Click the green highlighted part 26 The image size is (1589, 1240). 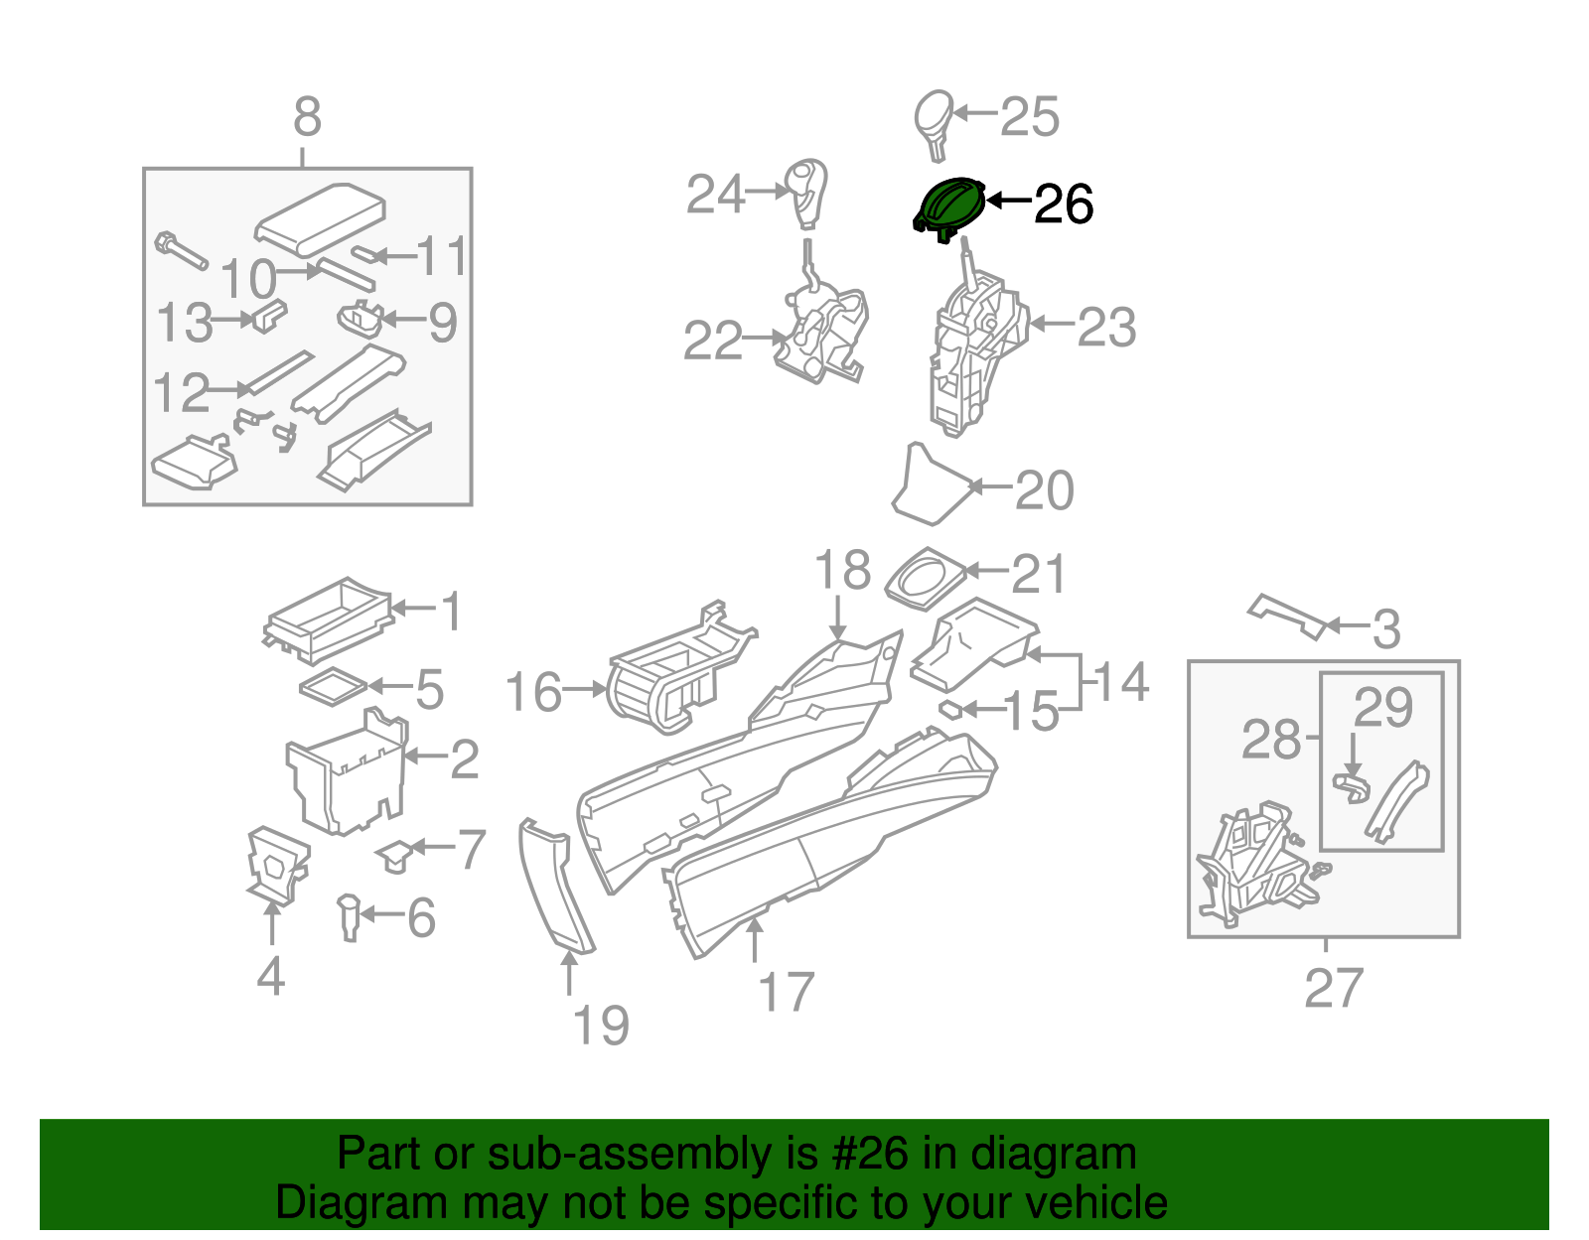point(949,207)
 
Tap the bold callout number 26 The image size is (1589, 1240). point(1064,205)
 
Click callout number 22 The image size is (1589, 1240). point(712,341)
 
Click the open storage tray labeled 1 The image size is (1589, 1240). point(328,618)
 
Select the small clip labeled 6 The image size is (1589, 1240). point(349,915)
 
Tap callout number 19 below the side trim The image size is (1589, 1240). point(601,1026)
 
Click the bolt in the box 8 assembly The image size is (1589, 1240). point(180,250)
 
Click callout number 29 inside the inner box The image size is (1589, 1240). point(1382,708)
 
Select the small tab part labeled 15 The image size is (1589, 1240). point(950,709)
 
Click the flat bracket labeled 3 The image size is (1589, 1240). point(1287,615)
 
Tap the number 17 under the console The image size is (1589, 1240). point(786,992)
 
